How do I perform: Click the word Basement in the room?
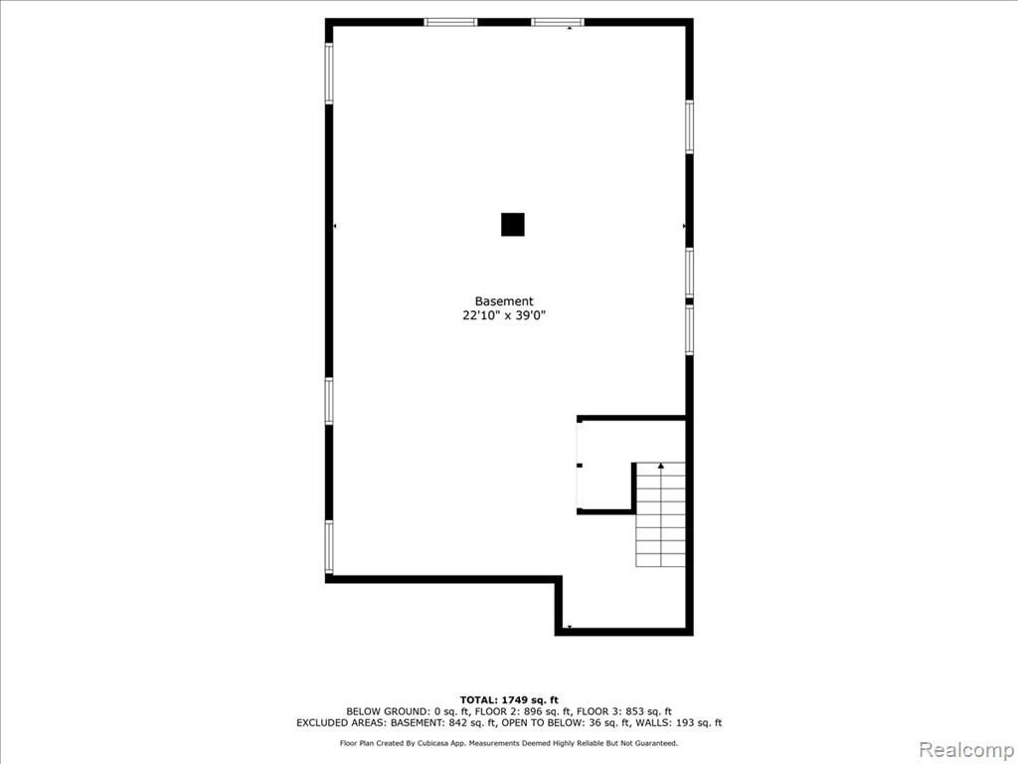point(504,301)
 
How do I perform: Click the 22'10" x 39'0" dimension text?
point(504,315)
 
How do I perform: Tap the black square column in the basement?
point(512,224)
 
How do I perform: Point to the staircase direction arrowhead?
point(661,466)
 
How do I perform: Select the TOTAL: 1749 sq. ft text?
point(509,699)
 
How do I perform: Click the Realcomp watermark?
point(966,749)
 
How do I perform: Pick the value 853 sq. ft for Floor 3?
point(648,711)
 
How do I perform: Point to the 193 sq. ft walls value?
point(698,722)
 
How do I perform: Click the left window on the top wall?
point(450,22)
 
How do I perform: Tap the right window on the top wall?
point(557,22)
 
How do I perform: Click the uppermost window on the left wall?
point(329,74)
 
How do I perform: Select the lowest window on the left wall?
point(329,547)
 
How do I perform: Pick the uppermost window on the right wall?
point(690,126)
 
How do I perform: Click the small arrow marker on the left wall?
point(335,226)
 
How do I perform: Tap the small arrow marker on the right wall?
point(684,226)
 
